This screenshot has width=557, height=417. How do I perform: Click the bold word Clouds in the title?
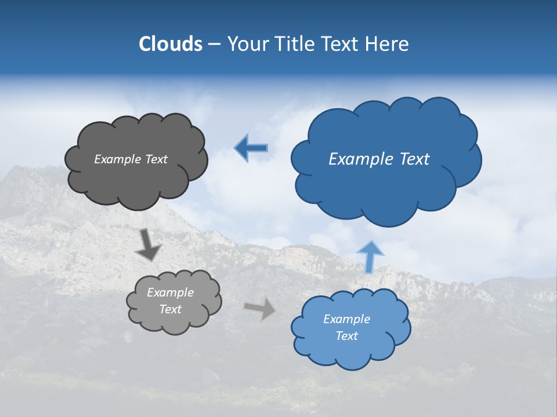(170, 44)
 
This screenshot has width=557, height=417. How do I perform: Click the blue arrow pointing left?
(251, 148)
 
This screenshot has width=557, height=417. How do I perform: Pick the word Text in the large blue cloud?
(413, 159)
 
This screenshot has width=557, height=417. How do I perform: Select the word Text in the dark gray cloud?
(156, 159)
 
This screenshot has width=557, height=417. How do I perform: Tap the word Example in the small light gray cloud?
(171, 292)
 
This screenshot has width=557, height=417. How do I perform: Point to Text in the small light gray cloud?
(171, 309)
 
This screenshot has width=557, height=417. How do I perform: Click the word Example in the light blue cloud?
(346, 319)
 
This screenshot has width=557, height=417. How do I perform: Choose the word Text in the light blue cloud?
(346, 336)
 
